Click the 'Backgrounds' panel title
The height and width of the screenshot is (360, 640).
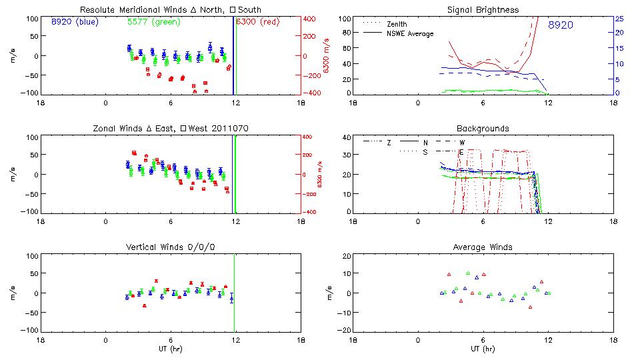point(483,128)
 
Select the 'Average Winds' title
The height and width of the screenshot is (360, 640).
point(483,247)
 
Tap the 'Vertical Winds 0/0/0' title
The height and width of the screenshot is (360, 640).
point(171,247)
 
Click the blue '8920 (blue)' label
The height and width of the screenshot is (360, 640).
point(74,21)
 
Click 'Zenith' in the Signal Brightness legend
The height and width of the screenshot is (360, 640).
point(397,24)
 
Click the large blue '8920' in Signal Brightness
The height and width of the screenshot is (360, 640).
point(561,25)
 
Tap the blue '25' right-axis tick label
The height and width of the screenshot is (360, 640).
point(619,19)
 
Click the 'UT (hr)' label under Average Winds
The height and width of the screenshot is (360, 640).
point(483,349)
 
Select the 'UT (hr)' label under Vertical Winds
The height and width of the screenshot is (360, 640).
point(170,349)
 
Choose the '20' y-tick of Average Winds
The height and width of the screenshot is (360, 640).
point(346,257)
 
